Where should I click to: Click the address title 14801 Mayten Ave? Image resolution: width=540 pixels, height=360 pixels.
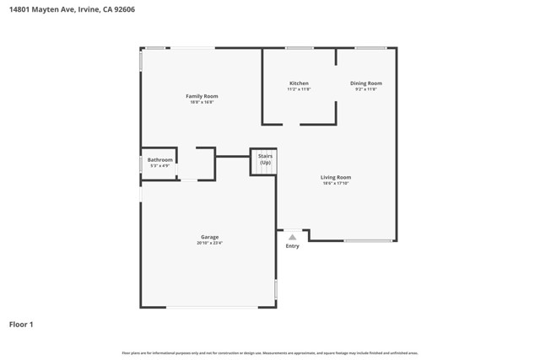coord(72,10)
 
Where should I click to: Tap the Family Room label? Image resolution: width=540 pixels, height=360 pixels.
coord(202,96)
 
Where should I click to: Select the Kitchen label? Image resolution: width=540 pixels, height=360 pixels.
coord(299,83)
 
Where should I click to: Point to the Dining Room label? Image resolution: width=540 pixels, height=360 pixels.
coord(366,83)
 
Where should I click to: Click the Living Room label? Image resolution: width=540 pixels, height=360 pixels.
coord(336,177)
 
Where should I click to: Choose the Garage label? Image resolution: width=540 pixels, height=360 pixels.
coord(209,237)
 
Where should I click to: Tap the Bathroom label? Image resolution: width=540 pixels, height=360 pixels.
coord(159,159)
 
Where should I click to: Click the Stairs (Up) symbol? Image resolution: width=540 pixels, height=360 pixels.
coord(265,163)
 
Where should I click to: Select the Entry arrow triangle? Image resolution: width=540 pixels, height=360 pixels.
coord(292,237)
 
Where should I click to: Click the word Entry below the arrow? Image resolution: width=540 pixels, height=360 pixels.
coord(292,246)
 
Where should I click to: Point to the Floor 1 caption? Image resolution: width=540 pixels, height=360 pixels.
coord(21,324)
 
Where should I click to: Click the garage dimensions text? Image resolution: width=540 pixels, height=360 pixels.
coord(209,243)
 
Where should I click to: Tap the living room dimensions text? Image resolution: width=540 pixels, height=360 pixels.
coord(336,183)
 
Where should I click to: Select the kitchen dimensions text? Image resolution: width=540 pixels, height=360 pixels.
coord(299,89)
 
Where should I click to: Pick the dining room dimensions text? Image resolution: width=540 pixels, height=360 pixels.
coord(366,89)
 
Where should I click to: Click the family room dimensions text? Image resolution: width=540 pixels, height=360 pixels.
coord(202,102)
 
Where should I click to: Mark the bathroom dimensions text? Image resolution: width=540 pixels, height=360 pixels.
coord(159,165)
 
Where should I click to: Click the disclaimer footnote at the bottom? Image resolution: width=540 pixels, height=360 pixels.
coord(270,353)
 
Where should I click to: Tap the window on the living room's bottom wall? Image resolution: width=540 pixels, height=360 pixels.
coord(368,241)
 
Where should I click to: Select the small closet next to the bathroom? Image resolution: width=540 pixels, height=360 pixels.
coord(197,164)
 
